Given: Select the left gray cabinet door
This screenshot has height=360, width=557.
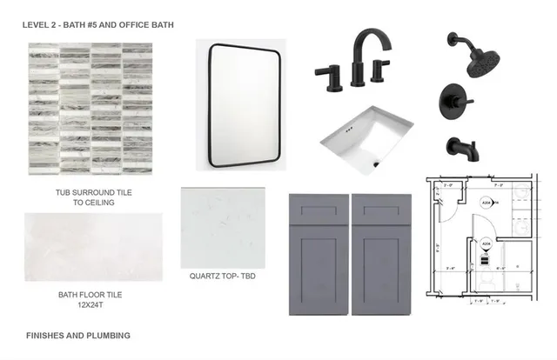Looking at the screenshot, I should tap(319, 253).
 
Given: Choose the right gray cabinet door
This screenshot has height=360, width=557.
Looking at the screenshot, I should tap(381, 253).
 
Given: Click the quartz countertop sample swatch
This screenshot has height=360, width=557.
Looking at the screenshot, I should tap(222, 227).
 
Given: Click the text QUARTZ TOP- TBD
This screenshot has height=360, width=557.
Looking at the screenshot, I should tap(223, 277).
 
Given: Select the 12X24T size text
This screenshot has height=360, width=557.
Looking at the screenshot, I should tap(91, 306).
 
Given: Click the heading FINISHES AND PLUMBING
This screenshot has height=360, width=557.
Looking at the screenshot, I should tap(78, 335).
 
